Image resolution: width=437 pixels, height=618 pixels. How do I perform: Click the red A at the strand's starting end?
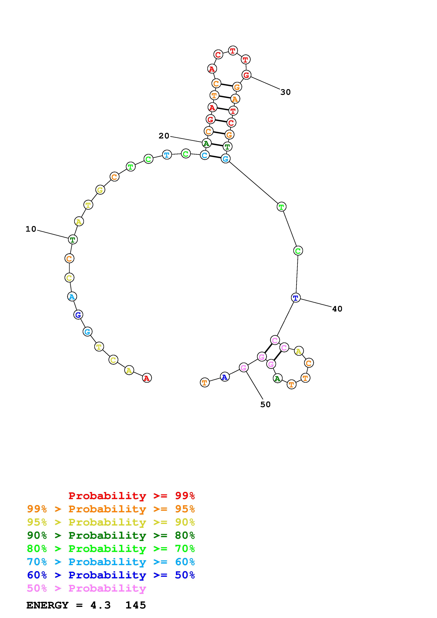pos(147,378)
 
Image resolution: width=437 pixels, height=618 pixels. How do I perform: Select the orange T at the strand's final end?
pos(205,382)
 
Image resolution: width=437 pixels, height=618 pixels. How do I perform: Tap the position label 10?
pos(31,229)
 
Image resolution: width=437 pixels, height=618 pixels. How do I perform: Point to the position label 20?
pos(164,136)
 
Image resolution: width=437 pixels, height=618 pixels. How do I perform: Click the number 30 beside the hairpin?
pos(285,92)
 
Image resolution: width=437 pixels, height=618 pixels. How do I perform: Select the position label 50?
pos(265,404)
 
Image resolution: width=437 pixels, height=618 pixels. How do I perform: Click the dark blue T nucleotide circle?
pos(296,298)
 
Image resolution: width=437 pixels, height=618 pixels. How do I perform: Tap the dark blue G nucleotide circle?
pos(78,314)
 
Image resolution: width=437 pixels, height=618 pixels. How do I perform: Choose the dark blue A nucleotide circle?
pos(225,377)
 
